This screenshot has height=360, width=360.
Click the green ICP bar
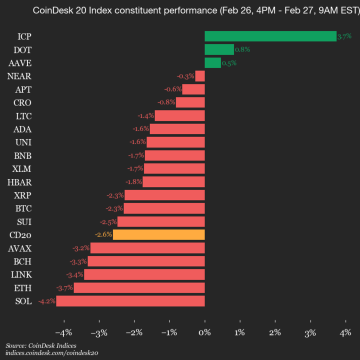(270, 36)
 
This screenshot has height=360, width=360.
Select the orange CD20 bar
(158, 234)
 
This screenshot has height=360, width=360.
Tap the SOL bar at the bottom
(130, 301)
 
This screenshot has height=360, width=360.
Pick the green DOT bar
(219, 49)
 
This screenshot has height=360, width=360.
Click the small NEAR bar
(200, 76)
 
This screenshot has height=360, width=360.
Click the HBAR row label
(19, 181)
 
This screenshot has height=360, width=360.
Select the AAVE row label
(20, 63)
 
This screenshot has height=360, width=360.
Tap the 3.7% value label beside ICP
(344, 36)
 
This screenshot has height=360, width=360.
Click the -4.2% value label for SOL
(46, 301)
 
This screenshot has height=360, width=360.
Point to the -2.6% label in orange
(103, 234)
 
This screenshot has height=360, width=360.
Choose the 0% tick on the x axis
(204, 332)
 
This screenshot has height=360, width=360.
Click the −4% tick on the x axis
(63, 332)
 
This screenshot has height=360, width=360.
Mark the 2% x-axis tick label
(275, 332)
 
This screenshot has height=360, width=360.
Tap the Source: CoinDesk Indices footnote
(41, 345)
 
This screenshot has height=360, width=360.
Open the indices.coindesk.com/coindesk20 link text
(52, 353)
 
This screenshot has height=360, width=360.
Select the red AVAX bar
(147, 248)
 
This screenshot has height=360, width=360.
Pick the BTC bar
(164, 208)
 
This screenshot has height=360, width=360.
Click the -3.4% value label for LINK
(74, 274)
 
